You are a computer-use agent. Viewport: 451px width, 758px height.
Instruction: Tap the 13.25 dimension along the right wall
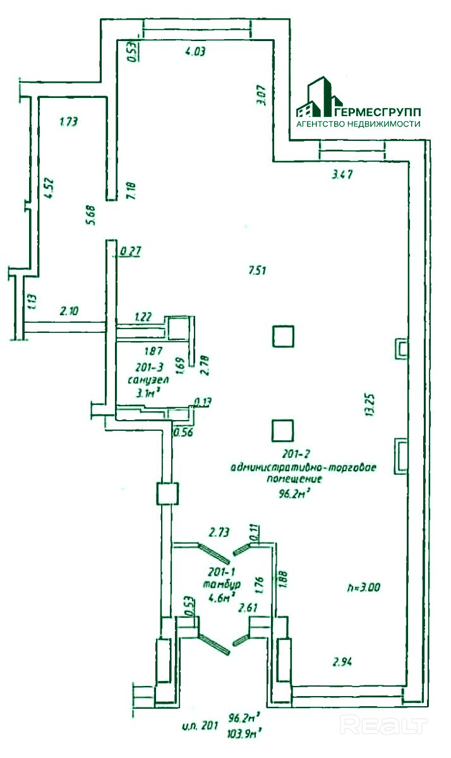(x=371, y=404)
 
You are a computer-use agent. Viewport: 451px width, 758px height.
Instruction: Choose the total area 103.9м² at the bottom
(x=246, y=734)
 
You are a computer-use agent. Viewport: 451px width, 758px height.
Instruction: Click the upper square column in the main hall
(x=282, y=335)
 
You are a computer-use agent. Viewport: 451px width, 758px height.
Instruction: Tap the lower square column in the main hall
(x=282, y=431)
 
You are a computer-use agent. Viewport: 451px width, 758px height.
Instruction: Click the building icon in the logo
(x=319, y=99)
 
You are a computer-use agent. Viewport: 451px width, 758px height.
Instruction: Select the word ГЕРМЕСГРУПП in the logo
(x=378, y=112)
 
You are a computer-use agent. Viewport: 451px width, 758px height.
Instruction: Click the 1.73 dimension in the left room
(x=68, y=123)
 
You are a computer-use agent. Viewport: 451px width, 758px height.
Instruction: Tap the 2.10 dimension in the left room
(x=69, y=311)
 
